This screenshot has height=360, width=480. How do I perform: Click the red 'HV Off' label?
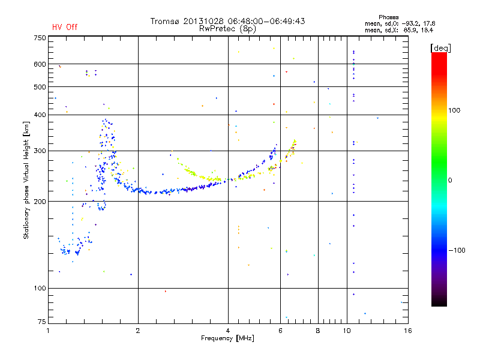coord(65,27)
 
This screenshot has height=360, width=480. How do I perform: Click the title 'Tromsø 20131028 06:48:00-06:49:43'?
coord(227,21)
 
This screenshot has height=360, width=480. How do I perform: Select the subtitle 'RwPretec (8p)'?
coord(227,28)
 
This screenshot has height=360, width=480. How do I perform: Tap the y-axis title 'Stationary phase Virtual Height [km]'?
coord(26,180)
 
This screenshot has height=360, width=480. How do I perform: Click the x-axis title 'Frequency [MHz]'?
coord(227,338)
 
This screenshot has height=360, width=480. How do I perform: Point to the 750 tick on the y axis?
coord(40,38)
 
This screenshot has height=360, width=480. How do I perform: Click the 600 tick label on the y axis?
coord(40,64)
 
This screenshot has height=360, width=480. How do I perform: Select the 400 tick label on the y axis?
coord(40,115)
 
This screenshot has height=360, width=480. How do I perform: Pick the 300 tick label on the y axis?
coord(40,151)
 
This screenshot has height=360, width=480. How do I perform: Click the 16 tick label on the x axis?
coord(407,331)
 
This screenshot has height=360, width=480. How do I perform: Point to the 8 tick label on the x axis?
coord(318,331)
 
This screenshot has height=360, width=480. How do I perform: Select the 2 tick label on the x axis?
coord(138,331)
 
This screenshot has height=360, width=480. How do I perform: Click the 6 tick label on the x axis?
coord(280,331)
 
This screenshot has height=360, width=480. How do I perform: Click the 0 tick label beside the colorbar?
coord(449,180)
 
